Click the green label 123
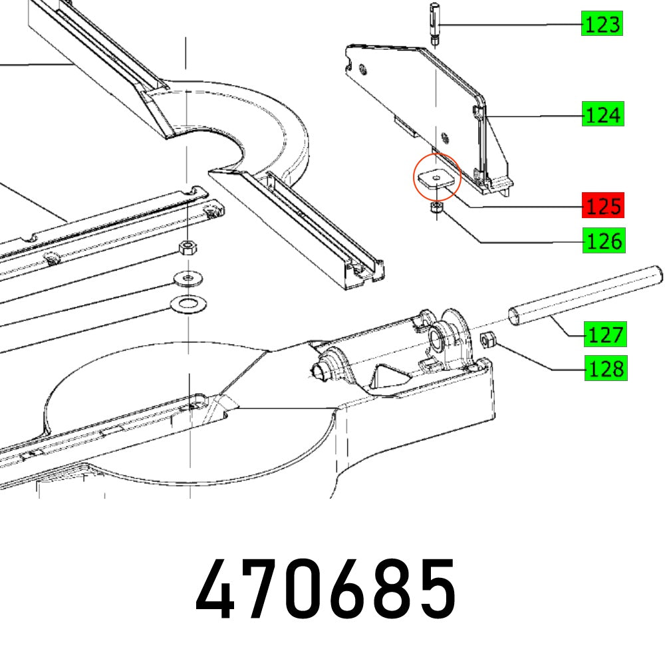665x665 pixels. (x=602, y=25)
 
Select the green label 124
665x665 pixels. (x=602, y=115)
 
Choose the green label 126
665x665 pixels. (x=602, y=241)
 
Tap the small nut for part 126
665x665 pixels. (x=435, y=209)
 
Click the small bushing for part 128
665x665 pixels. (x=487, y=340)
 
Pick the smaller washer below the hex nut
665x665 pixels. (x=190, y=277)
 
